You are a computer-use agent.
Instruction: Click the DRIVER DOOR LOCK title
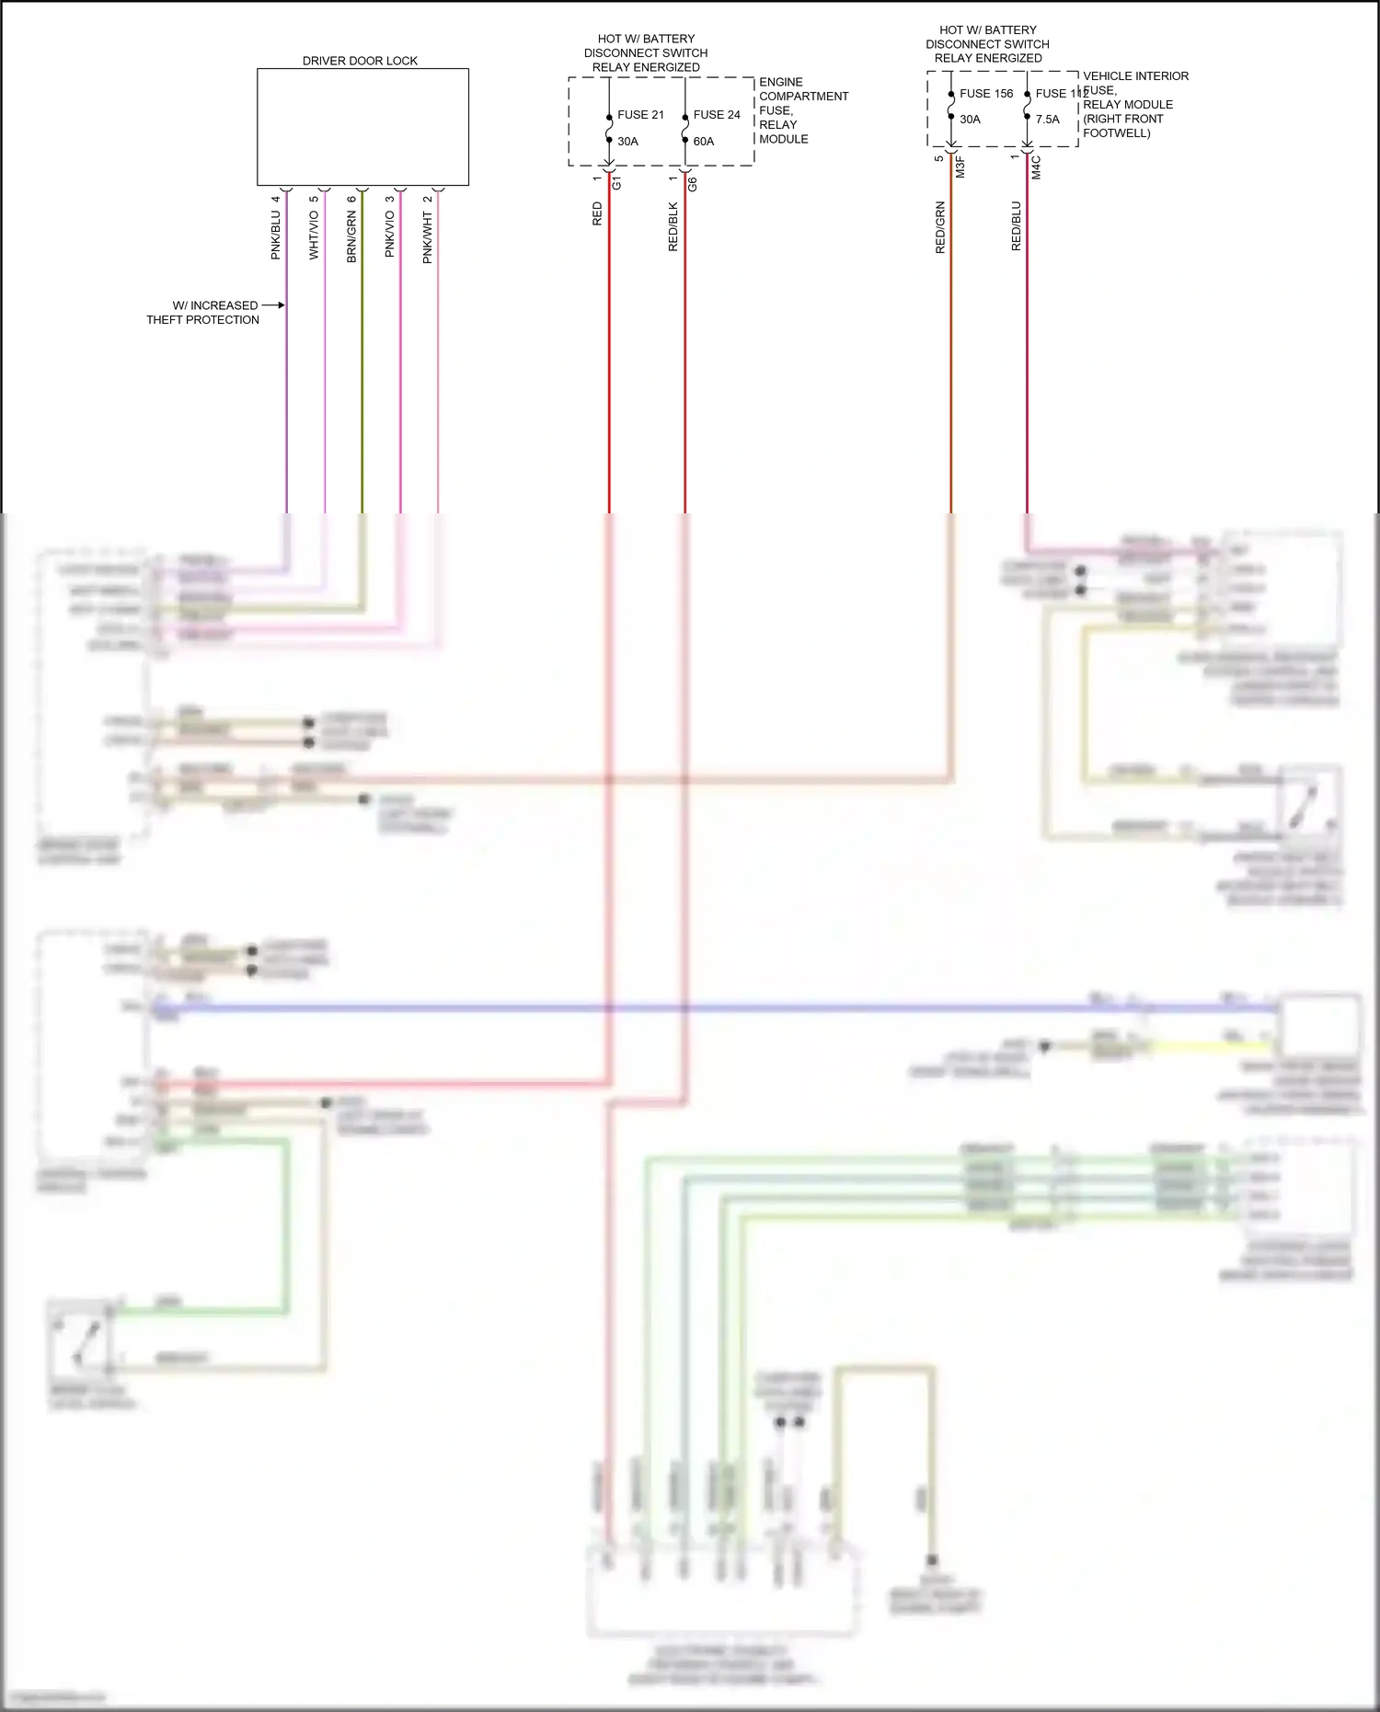pos(360,61)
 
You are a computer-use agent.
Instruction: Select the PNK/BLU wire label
pos(275,235)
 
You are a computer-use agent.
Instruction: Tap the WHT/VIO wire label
pos(314,235)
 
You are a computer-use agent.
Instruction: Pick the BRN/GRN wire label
pos(351,236)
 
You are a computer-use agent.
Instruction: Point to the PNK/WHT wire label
pos(427,237)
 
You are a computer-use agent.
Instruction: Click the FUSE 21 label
pos(640,115)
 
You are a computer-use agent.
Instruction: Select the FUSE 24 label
pos(717,115)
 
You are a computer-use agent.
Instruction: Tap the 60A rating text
pos(704,142)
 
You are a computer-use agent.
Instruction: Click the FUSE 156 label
pos(986,94)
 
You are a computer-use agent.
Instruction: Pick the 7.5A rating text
pos(1048,120)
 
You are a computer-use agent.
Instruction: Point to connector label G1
pos(616,182)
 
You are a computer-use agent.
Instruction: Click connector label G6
pos(692,183)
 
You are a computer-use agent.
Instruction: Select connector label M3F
pos(960,167)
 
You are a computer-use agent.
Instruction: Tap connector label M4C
pos(1036,167)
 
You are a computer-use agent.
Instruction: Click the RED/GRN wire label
pos(940,227)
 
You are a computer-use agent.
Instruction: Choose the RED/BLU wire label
pos(1016,226)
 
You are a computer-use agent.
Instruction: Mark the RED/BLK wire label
pos(673,226)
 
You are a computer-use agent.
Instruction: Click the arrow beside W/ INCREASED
pos(273,304)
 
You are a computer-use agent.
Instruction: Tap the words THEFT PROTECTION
pos(202,320)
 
